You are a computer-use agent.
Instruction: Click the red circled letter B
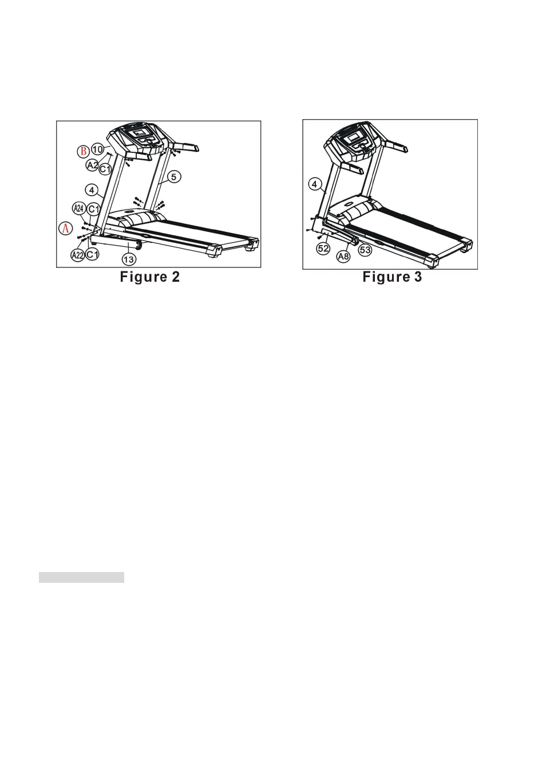pos(83,151)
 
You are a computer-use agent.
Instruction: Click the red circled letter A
pos(66,228)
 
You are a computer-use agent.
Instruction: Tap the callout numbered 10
pos(98,149)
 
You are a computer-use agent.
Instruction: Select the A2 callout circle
pos(92,165)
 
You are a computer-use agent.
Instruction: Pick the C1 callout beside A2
pos(105,169)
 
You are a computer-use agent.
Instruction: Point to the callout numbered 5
pos(174,177)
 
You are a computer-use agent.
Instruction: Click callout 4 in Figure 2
pos(92,190)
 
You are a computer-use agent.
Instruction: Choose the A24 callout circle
pos(78,208)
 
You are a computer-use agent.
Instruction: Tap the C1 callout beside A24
pos(93,209)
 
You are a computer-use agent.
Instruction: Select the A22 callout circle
pos(78,255)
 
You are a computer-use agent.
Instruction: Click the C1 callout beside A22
pos(92,254)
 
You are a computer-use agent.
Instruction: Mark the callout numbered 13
pos(129,259)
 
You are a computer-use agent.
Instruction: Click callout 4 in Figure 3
pos(315,184)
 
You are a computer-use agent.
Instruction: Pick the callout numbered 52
pos(323,249)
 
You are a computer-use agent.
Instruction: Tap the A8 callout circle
pos(343,257)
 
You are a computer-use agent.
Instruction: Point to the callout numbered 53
pos(365,250)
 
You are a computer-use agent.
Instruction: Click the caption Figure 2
pos(150,277)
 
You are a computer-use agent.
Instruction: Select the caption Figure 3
pos(392,277)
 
